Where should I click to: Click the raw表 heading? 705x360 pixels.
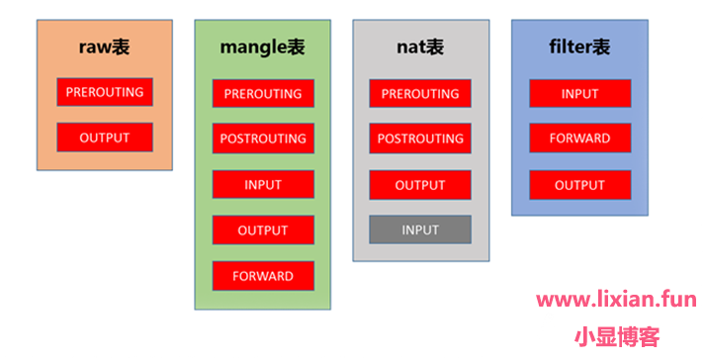(104, 47)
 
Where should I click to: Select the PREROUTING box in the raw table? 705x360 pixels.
(105, 92)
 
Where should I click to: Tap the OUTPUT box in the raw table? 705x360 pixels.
(105, 137)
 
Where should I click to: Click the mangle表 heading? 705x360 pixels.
(263, 47)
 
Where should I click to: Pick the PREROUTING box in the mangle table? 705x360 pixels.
(263, 94)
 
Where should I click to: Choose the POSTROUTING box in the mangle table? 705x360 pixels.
(263, 138)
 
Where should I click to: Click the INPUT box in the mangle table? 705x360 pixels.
(263, 185)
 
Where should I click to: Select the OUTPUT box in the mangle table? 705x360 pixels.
(263, 230)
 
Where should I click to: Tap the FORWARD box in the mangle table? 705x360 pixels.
(263, 276)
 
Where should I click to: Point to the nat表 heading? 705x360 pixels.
(420, 47)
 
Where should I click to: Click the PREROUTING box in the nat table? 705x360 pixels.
(420, 94)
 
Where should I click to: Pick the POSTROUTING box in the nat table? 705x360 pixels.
(420, 138)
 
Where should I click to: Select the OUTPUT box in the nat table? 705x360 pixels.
(420, 185)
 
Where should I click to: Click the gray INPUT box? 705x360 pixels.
(420, 230)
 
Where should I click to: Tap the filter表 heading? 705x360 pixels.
(579, 46)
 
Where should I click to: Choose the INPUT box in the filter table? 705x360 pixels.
(580, 94)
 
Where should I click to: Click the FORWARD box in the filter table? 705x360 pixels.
(580, 138)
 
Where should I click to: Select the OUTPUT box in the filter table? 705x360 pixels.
(580, 185)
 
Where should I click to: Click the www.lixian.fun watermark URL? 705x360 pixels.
(616, 300)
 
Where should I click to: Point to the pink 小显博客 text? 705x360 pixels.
(617, 337)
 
